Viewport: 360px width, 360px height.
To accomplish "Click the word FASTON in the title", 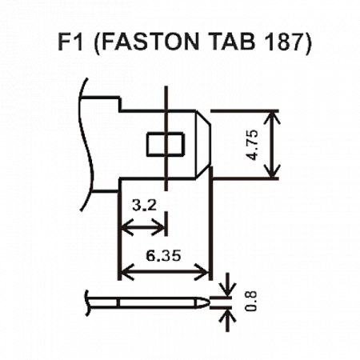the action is [x=150, y=42].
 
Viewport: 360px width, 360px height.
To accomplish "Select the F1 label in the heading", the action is [x=70, y=42].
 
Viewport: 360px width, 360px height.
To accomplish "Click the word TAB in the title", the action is [x=231, y=42].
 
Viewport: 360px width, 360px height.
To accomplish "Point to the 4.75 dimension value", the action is [x=253, y=145].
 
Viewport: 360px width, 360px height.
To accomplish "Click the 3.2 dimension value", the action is [x=144, y=206].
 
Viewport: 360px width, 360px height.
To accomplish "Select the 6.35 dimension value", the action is [x=163, y=255].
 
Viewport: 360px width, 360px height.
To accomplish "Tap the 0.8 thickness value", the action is [x=251, y=301].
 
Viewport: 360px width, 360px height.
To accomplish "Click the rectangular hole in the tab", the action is [x=166, y=144].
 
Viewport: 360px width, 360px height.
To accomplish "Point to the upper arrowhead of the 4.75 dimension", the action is [x=272, y=117].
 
